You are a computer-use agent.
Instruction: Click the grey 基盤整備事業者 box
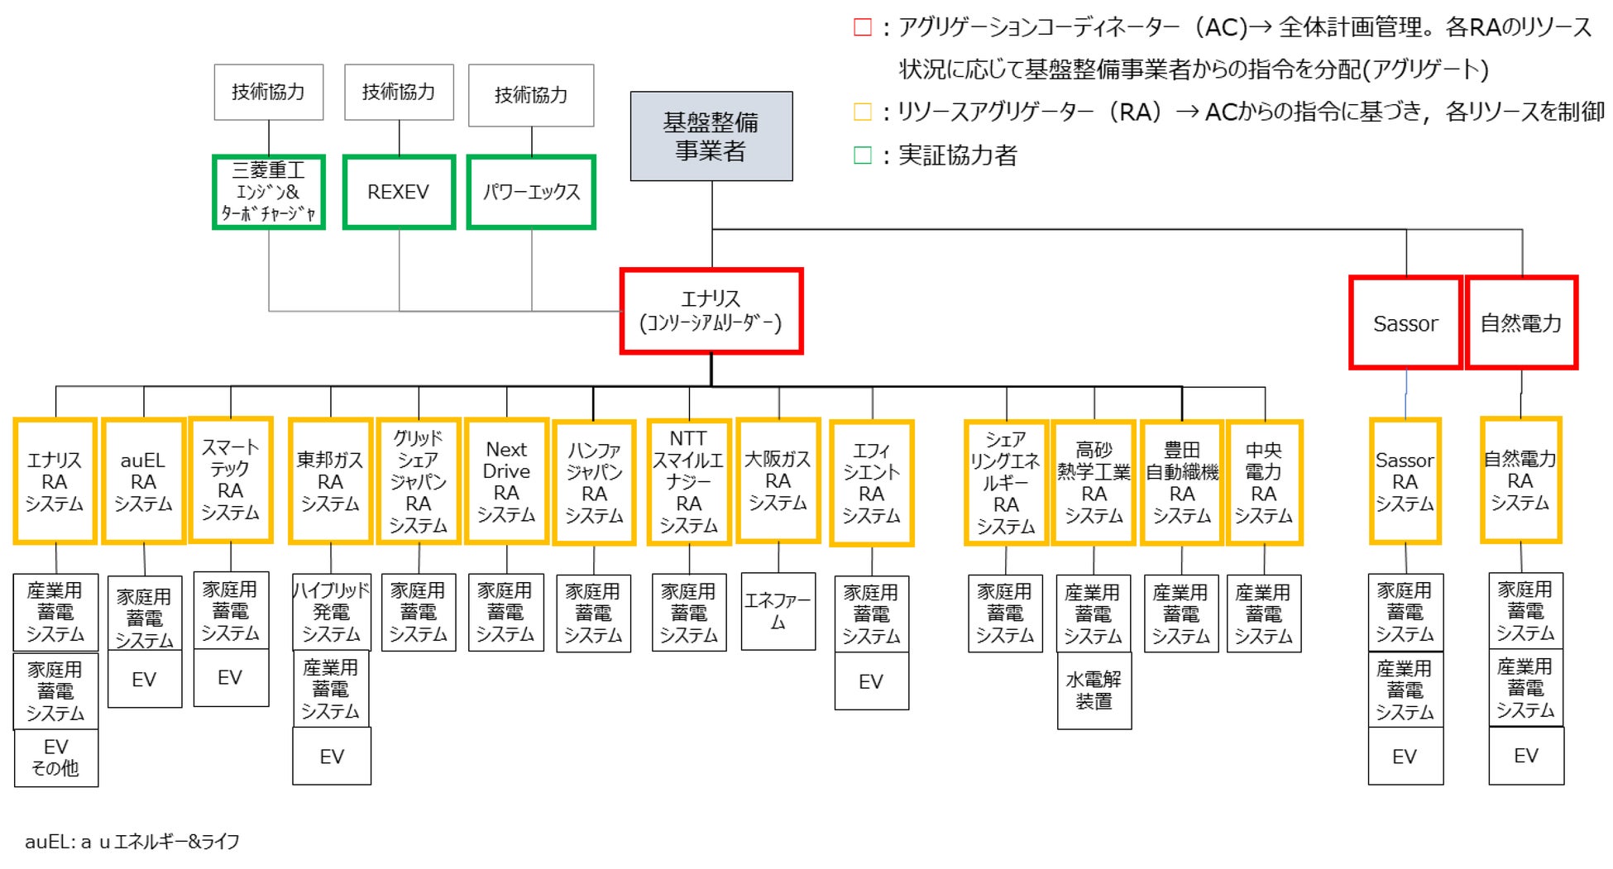pos(711,136)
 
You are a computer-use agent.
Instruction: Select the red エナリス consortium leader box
pos(711,311)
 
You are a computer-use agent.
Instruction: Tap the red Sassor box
pos(1405,323)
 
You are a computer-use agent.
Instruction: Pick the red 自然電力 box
pos(1520,323)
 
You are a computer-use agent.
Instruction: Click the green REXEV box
pos(399,192)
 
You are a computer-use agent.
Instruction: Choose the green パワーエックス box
pos(531,192)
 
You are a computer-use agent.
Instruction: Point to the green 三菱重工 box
pos(268,192)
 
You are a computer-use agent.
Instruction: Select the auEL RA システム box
pos(143,481)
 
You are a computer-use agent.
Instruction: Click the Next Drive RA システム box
pos(506,481)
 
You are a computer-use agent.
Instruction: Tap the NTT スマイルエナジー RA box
pos(688,482)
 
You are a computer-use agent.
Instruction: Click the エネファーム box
pos(778,611)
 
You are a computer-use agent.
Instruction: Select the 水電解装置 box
pos(1094,690)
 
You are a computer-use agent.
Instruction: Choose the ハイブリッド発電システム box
pos(331,612)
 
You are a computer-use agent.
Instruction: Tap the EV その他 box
pos(55,757)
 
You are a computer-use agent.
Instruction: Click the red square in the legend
pos(862,28)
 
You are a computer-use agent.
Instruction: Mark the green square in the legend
pos(862,155)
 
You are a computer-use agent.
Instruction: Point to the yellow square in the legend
pos(862,112)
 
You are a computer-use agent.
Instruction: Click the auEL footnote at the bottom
pos(132,842)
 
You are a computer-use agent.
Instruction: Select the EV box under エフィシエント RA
pos(871,681)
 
